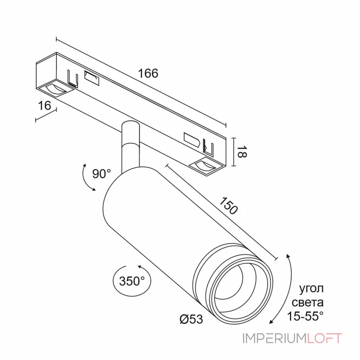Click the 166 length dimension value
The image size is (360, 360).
point(148,73)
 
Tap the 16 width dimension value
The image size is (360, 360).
point(44,106)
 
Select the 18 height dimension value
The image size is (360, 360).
point(242,152)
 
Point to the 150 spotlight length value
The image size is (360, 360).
point(229,206)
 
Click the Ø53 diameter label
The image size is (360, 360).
point(191,319)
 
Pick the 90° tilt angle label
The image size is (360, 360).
point(102,174)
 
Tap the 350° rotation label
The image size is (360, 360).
point(132,281)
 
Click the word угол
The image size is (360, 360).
point(311,289)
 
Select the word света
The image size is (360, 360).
point(308,302)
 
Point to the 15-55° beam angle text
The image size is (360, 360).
point(305,316)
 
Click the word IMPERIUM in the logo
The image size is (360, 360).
point(274,338)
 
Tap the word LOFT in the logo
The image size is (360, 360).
point(324,338)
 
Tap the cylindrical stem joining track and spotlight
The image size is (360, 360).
point(130,147)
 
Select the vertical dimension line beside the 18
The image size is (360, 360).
point(234,152)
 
